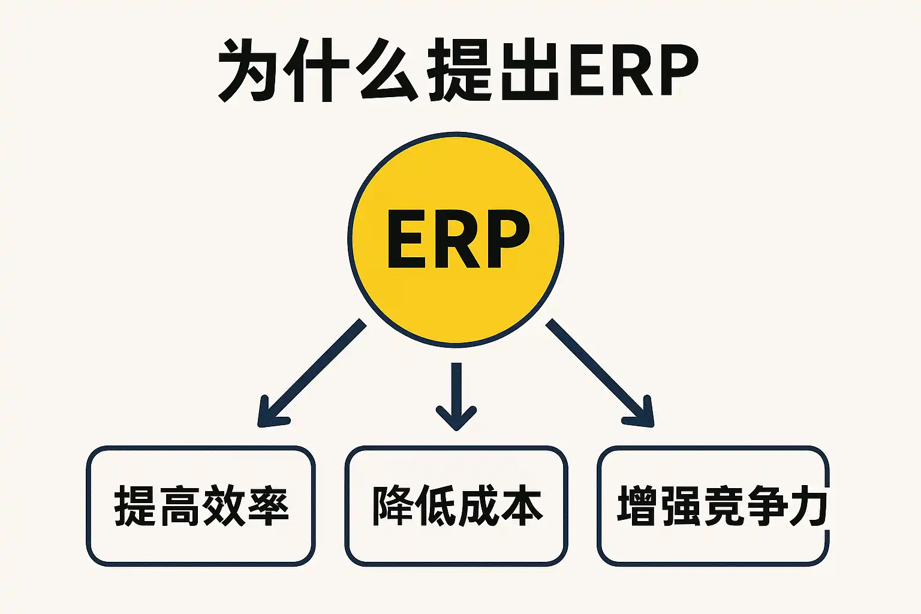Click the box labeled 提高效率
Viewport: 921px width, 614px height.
(201, 505)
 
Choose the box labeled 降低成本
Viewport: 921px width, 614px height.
(456, 505)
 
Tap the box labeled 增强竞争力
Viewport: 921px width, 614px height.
(714, 505)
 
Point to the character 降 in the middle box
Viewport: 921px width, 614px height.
(392, 505)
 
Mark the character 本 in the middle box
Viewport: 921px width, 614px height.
(521, 505)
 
